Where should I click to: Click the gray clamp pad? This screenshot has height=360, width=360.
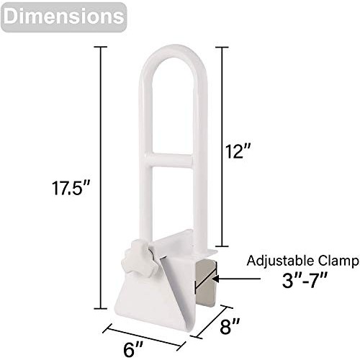207,284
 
